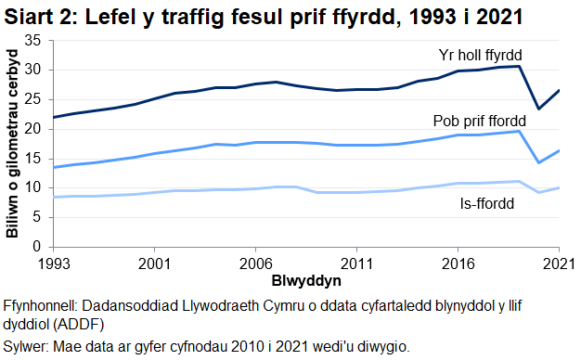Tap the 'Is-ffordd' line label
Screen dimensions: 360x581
[485, 204]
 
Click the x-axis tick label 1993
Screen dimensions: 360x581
[54, 263]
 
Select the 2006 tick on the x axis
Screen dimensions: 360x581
[252, 263]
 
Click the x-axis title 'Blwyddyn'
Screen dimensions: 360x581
[305, 279]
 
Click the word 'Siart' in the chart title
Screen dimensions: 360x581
[29, 16]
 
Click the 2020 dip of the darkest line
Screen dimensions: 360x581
[539, 109]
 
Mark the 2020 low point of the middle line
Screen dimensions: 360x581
[539, 163]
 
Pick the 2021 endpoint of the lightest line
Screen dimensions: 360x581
[559, 187]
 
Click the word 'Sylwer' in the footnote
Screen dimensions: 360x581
[27, 346]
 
